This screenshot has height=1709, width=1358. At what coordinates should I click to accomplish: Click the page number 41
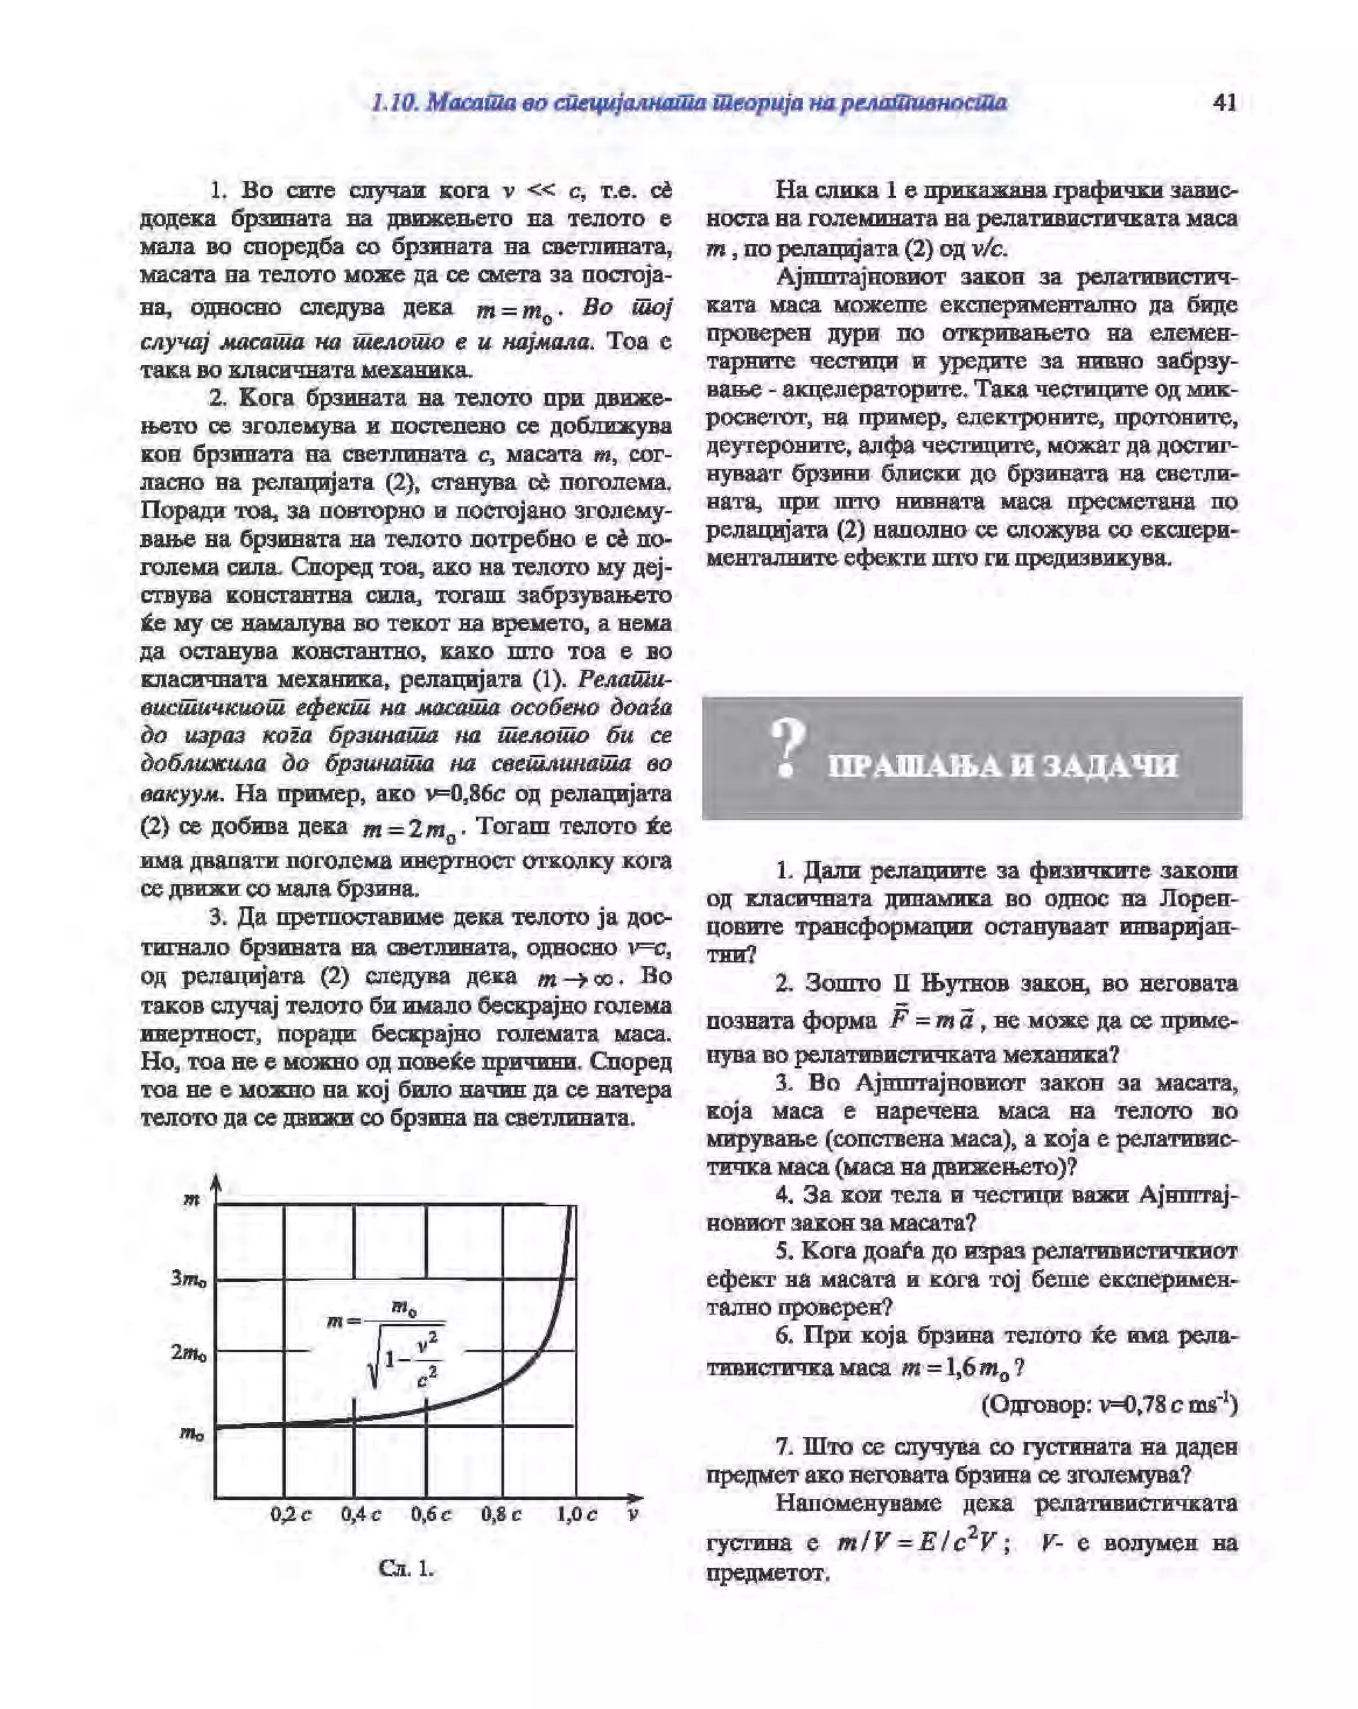click(x=1224, y=103)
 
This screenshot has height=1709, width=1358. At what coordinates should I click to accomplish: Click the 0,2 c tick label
click(x=291, y=1514)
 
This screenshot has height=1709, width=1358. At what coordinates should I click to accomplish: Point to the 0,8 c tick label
click(x=501, y=1514)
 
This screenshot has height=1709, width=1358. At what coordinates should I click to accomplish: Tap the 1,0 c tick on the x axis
click(x=576, y=1514)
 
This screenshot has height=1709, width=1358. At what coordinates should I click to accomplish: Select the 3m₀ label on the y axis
click(x=188, y=1279)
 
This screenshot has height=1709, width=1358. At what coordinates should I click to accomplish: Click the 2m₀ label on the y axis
click(x=188, y=1352)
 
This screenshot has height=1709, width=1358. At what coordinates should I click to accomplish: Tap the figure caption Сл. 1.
click(x=406, y=1568)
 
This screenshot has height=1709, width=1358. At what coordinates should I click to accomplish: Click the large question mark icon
click(x=787, y=748)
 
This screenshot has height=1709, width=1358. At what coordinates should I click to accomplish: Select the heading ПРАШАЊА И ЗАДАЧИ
click(x=1003, y=766)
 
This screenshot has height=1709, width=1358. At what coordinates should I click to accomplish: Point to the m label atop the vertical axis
click(x=191, y=1199)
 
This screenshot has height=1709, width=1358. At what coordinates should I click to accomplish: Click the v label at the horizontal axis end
click(x=632, y=1514)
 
